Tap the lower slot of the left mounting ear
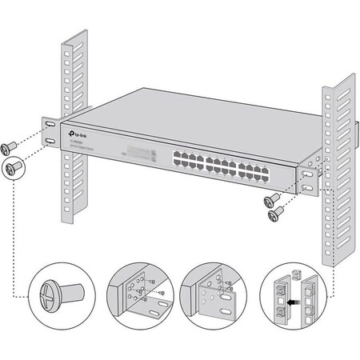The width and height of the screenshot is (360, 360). point(50,142)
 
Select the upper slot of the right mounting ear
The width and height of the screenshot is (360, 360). point(309,173)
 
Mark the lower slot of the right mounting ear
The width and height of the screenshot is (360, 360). point(309,189)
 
